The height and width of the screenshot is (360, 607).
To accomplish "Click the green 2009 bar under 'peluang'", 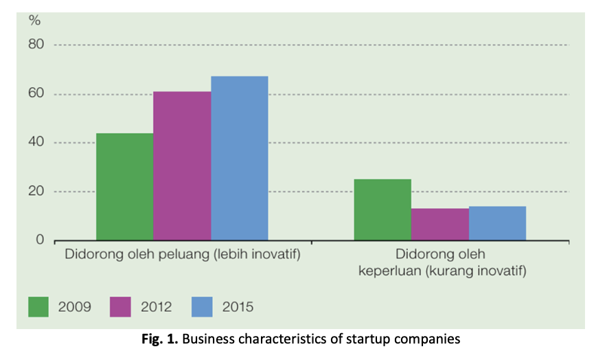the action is pyautogui.click(x=125, y=187).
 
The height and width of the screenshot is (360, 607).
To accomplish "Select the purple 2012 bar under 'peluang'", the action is pyautogui.click(x=182, y=166).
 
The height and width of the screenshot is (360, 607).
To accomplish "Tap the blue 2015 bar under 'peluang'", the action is pyautogui.click(x=240, y=158).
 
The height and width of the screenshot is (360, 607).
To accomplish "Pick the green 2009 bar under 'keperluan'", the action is pyautogui.click(x=382, y=210).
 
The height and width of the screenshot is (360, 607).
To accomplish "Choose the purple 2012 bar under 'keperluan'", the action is pyautogui.click(x=440, y=225).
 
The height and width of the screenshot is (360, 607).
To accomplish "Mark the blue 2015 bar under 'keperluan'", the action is pyautogui.click(x=497, y=223).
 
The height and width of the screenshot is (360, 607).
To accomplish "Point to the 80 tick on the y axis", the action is pyautogui.click(x=36, y=44).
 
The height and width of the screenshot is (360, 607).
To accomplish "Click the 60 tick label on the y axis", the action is pyautogui.click(x=36, y=93).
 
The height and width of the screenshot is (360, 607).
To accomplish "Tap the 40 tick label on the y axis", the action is pyautogui.click(x=36, y=142).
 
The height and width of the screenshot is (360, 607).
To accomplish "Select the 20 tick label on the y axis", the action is pyautogui.click(x=36, y=191).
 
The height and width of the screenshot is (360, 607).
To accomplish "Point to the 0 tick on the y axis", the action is pyautogui.click(x=40, y=240).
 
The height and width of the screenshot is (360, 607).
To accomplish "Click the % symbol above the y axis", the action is pyautogui.click(x=34, y=20).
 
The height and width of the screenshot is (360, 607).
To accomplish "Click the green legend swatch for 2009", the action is pyautogui.click(x=38, y=307).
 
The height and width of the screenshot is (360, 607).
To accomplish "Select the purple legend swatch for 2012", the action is pyautogui.click(x=120, y=307).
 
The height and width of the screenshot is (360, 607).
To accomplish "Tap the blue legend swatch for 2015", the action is pyautogui.click(x=202, y=307).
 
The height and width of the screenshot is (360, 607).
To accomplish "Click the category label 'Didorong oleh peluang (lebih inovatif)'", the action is pyautogui.click(x=183, y=255).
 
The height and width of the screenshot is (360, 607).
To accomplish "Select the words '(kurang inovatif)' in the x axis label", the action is pyautogui.click(x=476, y=271).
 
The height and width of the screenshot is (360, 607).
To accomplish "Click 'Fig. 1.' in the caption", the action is pyautogui.click(x=159, y=339).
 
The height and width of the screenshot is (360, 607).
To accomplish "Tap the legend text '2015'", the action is pyautogui.click(x=238, y=307).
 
